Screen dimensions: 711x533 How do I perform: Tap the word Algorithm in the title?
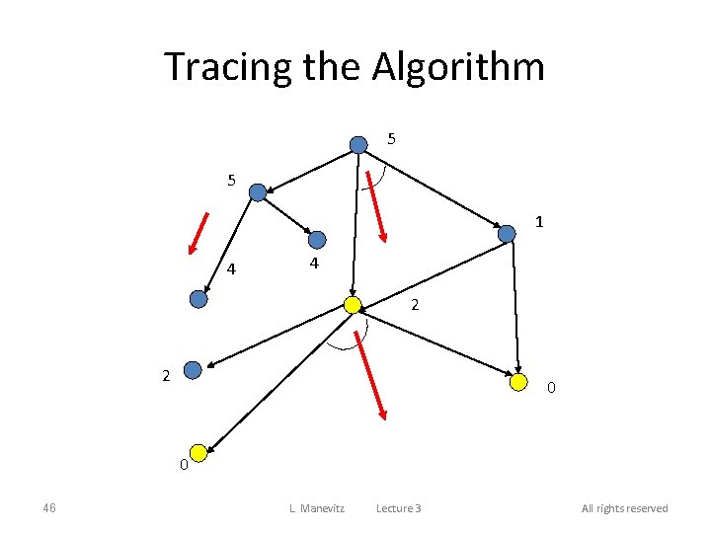458,67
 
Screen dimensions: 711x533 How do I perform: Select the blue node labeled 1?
507,234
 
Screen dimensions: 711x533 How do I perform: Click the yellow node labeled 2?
353,305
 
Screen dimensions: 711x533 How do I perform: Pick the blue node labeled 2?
193,370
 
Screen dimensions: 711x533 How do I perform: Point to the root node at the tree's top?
358,145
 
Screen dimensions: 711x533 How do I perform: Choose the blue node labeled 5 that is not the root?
258,192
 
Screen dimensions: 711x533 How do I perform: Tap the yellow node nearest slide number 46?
198,453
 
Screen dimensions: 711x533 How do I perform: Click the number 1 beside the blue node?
539,222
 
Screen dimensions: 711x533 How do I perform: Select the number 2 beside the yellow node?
416,306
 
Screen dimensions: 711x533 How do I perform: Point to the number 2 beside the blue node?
166,375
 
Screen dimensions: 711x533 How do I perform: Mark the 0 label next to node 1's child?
551,388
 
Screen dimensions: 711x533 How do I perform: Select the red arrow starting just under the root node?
378,207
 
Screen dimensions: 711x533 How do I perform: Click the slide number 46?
49,508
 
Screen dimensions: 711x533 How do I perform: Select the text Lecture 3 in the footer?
398,508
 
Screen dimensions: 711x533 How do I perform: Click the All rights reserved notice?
624,508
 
